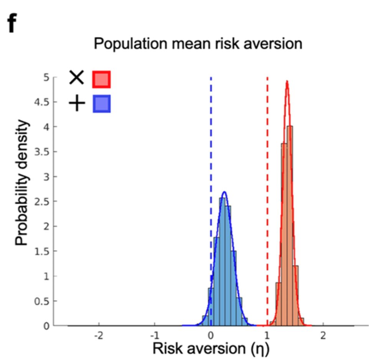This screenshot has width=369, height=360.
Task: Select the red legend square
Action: pos(101,79)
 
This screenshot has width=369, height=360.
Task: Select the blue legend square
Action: pos(101,104)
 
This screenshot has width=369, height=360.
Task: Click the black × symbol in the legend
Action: pos(76,78)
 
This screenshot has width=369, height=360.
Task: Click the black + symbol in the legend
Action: pos(76,104)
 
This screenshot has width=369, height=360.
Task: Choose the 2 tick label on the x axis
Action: pos(323,335)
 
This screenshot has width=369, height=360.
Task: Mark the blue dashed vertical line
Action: pos(211,154)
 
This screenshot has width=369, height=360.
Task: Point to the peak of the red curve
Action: pos(287,81)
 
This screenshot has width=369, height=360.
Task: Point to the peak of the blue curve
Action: pos(224,192)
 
